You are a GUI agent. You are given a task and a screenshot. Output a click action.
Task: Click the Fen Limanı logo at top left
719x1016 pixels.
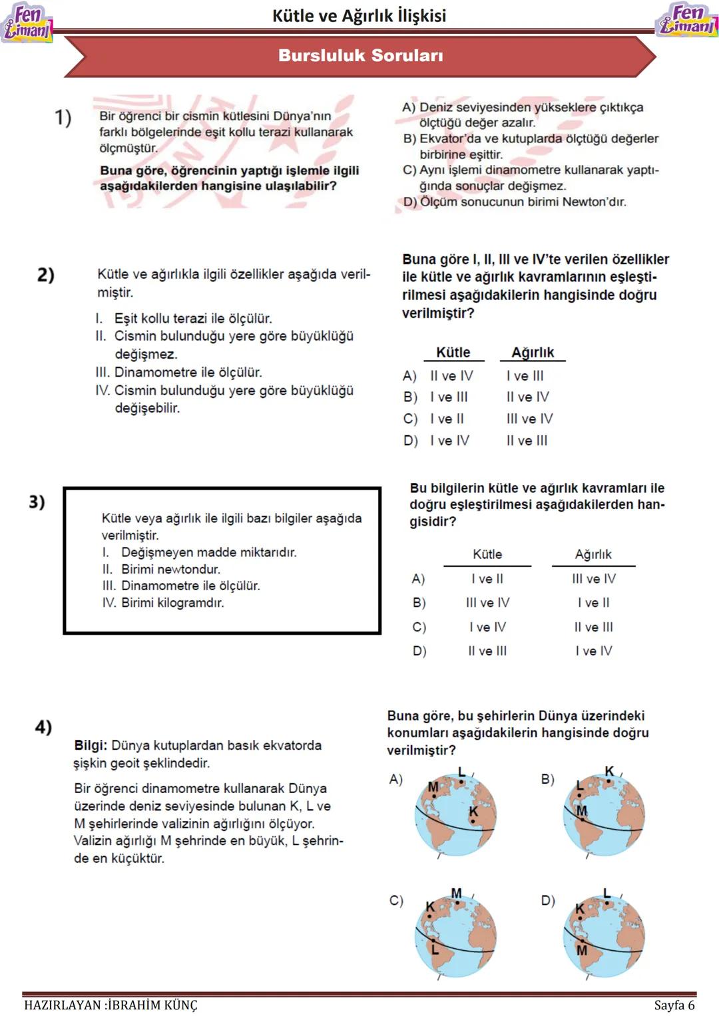tap(27, 23)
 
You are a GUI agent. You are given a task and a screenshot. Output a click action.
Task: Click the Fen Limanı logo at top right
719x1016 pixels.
tap(688, 20)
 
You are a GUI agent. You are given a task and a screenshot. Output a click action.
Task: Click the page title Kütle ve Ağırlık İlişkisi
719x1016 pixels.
tap(359, 15)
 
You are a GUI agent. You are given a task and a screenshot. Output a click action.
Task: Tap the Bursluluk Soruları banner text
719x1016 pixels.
tap(360, 55)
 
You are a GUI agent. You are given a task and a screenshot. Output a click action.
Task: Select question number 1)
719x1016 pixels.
tap(63, 117)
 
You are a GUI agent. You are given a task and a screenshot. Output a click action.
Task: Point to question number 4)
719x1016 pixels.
tap(43, 727)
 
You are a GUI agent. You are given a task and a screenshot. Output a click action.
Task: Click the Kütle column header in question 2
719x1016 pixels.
tap(453, 353)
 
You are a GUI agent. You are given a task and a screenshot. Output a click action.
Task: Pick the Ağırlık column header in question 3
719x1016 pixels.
tap(593, 554)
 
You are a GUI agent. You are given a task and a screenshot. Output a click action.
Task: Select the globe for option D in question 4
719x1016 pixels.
tap(604, 938)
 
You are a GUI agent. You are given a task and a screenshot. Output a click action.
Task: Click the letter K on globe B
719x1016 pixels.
tap(609, 771)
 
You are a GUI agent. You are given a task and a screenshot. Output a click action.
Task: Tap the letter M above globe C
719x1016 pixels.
tap(456, 893)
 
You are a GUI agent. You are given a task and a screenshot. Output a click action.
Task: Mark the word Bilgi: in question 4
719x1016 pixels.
tap(91, 745)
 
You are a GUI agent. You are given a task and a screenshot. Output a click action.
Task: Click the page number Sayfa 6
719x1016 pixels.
tap(674, 1005)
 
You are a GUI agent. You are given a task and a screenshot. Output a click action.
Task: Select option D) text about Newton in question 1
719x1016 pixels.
tap(515, 202)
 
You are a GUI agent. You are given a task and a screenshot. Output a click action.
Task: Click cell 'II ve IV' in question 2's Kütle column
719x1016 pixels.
tap(451, 376)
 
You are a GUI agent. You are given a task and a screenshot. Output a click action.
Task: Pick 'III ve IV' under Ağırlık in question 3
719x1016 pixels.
tap(593, 579)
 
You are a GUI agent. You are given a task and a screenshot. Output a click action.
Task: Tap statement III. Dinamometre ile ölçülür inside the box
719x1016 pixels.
tap(181, 586)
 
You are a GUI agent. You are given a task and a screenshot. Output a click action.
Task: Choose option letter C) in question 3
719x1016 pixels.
tap(419, 627)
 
